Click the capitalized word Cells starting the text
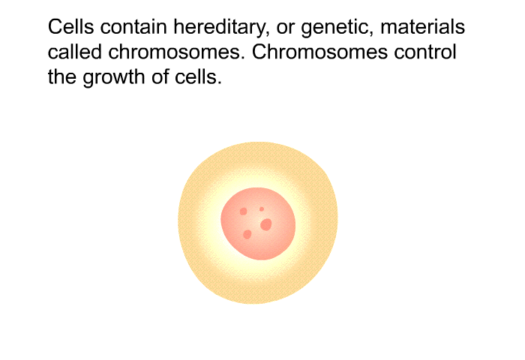coord(70,26)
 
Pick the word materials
coord(422,26)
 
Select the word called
coord(75,52)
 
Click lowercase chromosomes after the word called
coord(176,52)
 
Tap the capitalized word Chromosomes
coord(319,52)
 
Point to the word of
coord(159,76)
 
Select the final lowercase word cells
coord(198,76)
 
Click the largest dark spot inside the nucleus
coord(265,225)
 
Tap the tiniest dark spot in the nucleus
coord(262,209)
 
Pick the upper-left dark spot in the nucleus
coord(244,211)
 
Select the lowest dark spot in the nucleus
coord(247,235)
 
